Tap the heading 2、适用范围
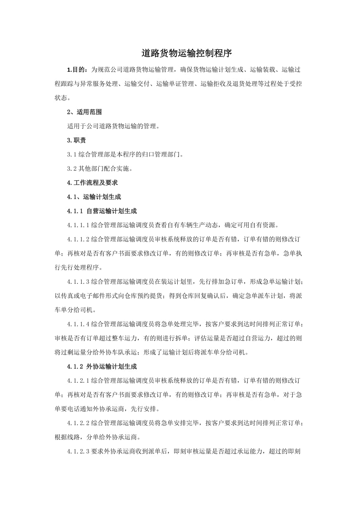(x=85, y=112)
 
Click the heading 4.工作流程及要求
(x=93, y=183)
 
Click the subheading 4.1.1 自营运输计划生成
(x=102, y=211)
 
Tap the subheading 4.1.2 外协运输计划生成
(x=102, y=367)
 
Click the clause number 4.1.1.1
(x=79, y=225)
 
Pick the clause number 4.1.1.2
(x=79, y=239)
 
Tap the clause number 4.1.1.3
(x=79, y=281)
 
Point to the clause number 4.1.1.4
(x=79, y=324)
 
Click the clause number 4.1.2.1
(x=79, y=381)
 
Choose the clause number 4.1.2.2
(x=79, y=423)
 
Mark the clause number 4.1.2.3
(x=79, y=451)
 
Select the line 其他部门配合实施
(x=106, y=168)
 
